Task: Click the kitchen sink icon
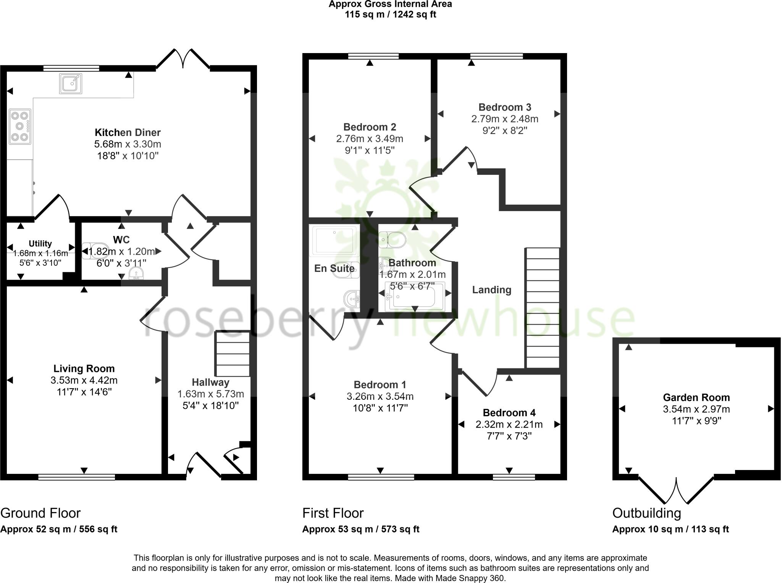[71, 84]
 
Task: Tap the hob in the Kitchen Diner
[20, 126]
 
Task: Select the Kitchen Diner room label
[128, 132]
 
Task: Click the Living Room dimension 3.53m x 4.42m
[84, 380]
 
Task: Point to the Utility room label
[40, 244]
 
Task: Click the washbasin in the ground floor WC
[136, 274]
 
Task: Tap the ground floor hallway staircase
[232, 354]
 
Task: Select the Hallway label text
[210, 382]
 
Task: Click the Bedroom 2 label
[369, 127]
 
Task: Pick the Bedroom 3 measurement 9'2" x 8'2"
[504, 131]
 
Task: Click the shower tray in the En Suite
[334, 240]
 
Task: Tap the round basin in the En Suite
[352, 299]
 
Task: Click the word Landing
[491, 290]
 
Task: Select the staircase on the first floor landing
[542, 308]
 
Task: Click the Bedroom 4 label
[509, 413]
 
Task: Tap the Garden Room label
[696, 397]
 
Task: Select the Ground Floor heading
[40, 513]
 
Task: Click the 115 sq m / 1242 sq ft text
[390, 15]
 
